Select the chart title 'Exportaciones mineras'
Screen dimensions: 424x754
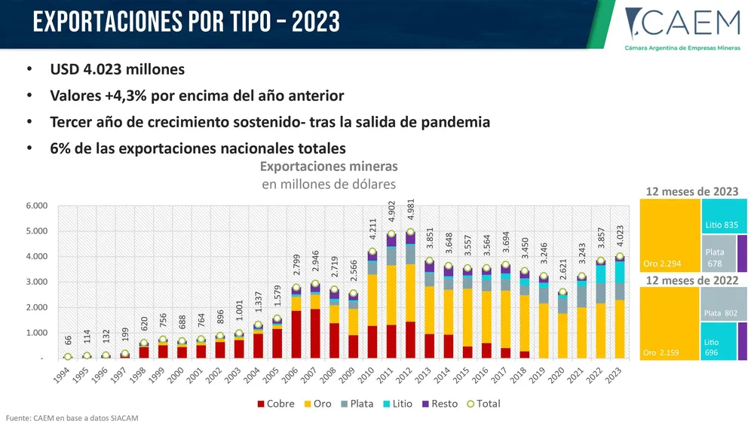coord(328,166)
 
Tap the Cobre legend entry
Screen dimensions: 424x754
coord(275,404)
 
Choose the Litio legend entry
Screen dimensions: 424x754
coord(397,404)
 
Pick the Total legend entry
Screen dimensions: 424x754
coord(483,404)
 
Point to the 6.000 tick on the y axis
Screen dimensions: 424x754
coord(37,206)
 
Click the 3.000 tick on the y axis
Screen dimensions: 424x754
coord(37,282)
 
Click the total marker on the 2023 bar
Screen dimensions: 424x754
coord(618,257)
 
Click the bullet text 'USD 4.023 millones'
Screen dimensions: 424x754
coord(117,70)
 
